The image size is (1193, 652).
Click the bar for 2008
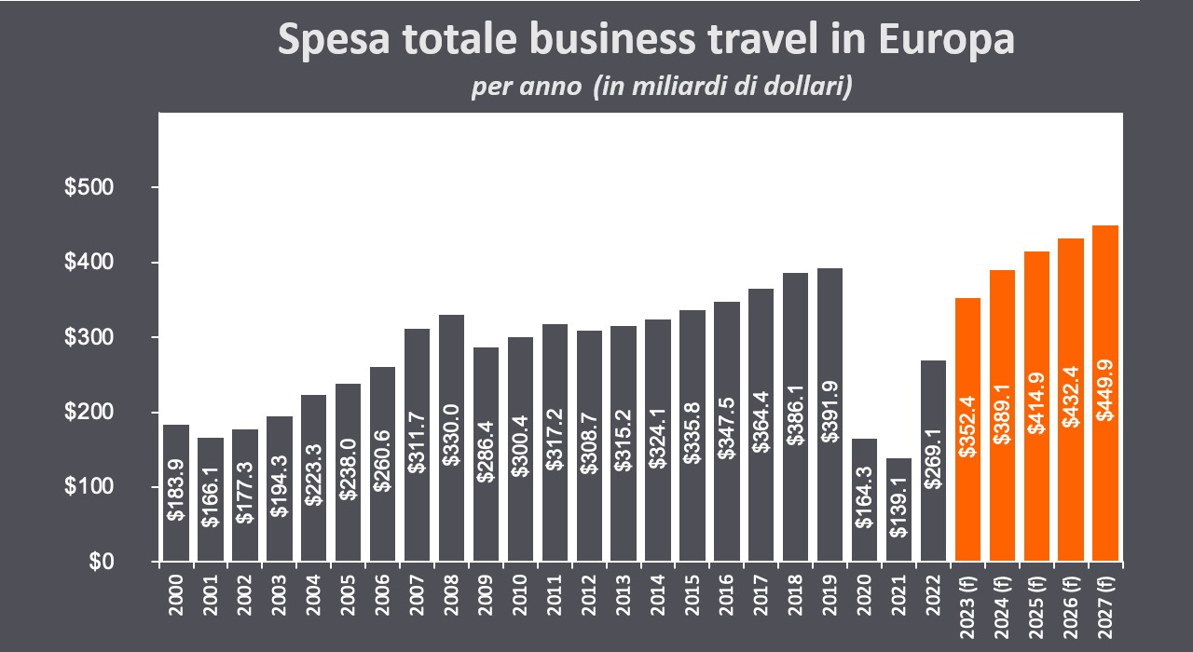click(x=451, y=438)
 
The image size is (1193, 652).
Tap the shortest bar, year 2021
click(x=898, y=531)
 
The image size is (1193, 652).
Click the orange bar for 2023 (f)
click(x=967, y=429)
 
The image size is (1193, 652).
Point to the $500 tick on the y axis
click(x=89, y=188)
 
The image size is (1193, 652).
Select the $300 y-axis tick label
click(x=89, y=337)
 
